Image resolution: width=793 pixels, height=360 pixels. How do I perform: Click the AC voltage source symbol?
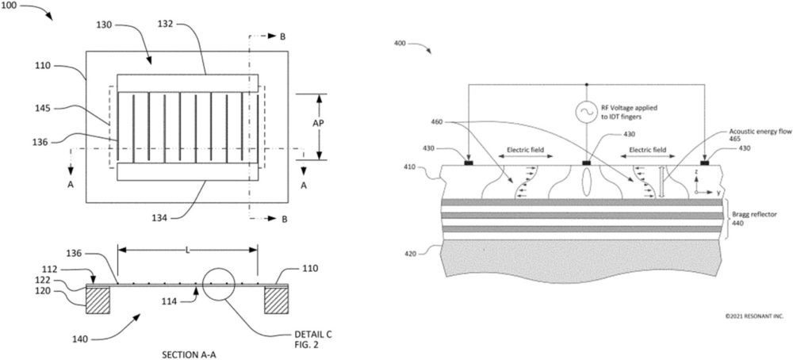pyautogui.click(x=586, y=113)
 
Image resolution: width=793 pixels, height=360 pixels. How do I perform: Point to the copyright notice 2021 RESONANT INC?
pyautogui.click(x=754, y=316)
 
